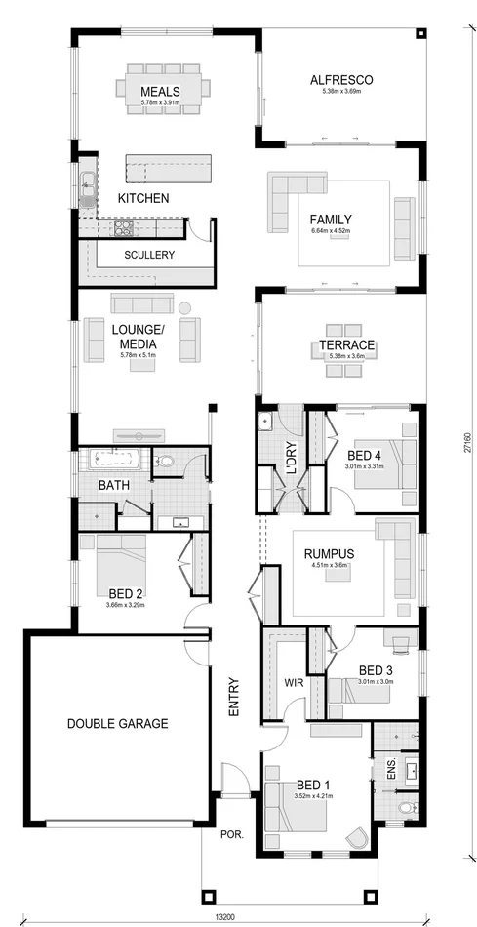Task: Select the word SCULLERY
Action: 149,255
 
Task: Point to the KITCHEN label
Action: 143,198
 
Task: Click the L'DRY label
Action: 290,460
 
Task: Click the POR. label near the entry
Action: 232,836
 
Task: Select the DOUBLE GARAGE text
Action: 117,724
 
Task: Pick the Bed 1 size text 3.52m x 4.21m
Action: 313,795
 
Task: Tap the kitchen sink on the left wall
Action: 87,182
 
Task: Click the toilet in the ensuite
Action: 409,808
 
